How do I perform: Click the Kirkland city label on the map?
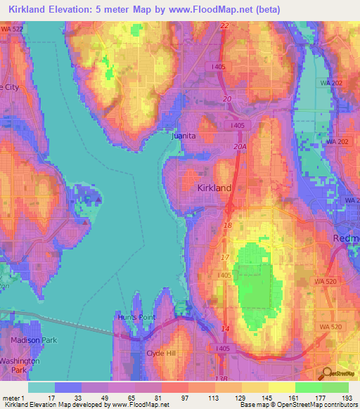[x=214, y=188]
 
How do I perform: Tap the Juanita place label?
[x=184, y=136]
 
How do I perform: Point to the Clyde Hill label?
[x=160, y=353]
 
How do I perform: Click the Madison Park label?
[x=28, y=340]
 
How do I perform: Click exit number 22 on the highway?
[x=224, y=25]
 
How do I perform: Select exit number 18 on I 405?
[x=227, y=224]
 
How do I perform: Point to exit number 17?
[x=226, y=258]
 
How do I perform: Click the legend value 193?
[x=348, y=398]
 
